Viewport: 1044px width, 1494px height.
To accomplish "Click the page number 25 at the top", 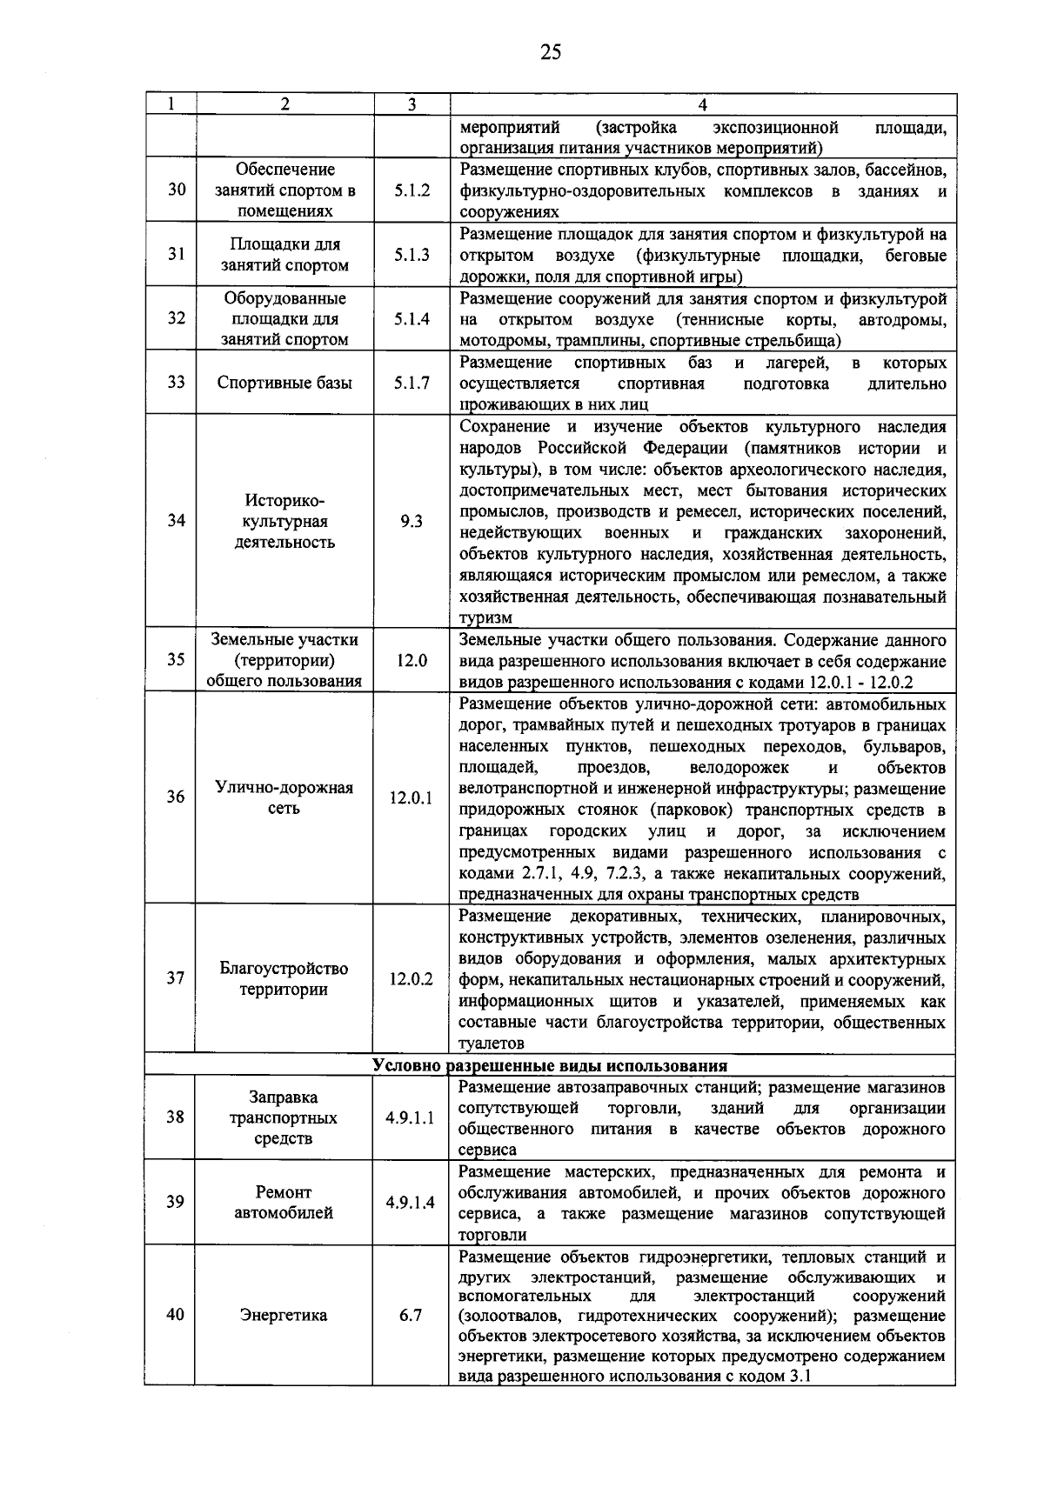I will point(550,53).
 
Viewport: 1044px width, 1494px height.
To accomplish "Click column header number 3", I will point(412,104).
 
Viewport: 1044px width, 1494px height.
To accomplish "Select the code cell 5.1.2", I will point(412,190).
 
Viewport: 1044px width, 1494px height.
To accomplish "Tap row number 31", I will point(177,255).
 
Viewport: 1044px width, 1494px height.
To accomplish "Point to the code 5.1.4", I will point(412,319).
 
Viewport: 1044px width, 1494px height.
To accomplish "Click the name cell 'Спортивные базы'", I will point(284,383).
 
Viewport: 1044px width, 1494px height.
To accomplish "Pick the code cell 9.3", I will point(412,521).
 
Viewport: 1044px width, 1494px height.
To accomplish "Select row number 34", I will point(177,521).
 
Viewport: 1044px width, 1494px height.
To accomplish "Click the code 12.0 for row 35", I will point(412,660).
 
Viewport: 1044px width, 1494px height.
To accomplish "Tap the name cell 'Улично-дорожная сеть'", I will point(284,797).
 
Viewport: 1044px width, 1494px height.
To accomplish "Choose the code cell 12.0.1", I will point(412,797).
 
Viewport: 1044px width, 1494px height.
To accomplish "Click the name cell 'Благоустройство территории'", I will point(284,979).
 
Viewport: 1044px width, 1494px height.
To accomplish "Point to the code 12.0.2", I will point(412,979).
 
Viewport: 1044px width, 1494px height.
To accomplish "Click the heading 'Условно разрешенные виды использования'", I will point(550,1065).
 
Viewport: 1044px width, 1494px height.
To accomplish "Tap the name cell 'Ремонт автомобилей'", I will point(284,1203).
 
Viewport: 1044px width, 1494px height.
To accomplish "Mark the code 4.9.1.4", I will point(411,1203).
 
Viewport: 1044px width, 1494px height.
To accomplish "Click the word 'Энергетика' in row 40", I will point(284,1316).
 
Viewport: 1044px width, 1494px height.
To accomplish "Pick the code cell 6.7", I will point(411,1316).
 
